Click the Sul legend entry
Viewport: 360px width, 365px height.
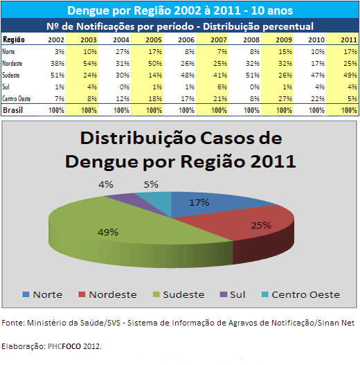coord(233,294)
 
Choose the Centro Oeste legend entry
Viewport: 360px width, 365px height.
coord(300,294)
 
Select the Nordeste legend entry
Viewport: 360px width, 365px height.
coord(107,294)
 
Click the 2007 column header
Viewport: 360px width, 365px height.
coord(219,39)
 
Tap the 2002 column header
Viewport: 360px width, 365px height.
coord(56,39)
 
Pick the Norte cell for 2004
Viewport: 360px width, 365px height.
coord(123,51)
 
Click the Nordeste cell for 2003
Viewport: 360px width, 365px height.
coord(90,63)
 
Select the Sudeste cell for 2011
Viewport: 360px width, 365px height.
coord(350,75)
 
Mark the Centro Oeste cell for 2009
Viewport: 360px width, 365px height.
coord(285,99)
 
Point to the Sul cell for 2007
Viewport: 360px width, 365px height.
coord(222,87)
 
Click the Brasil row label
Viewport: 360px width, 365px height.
coord(12,110)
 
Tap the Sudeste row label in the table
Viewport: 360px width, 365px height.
coord(11,75)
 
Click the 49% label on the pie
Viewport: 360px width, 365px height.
coord(108,232)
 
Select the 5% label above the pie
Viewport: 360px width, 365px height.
coord(151,185)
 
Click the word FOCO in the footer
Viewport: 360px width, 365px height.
coord(71,346)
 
